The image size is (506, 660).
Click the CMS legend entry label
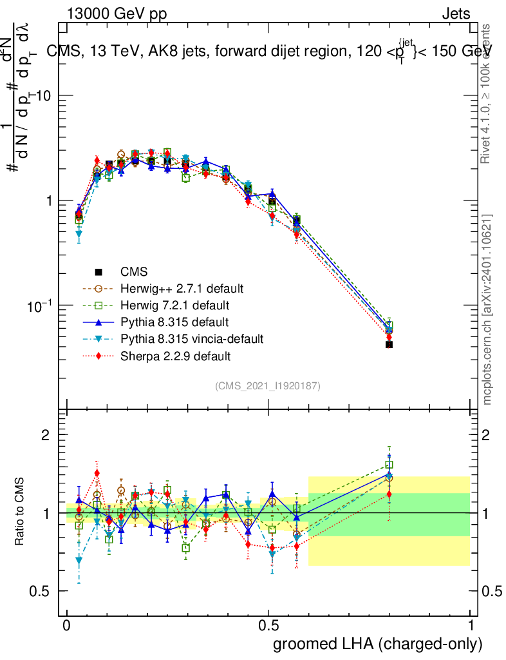coord(134,273)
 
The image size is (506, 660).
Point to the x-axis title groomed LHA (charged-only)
coord(379,643)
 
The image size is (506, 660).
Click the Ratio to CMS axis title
coord(21,512)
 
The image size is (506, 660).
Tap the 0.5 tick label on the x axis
coord(268,625)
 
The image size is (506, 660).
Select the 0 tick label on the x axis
coord(67,625)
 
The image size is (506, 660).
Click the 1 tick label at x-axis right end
coord(471,625)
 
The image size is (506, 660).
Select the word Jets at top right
coord(455,14)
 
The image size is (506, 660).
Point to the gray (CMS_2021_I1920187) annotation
coord(268,386)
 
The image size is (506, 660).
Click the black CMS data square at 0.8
coord(389,345)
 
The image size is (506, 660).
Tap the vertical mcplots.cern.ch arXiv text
coord(488,309)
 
